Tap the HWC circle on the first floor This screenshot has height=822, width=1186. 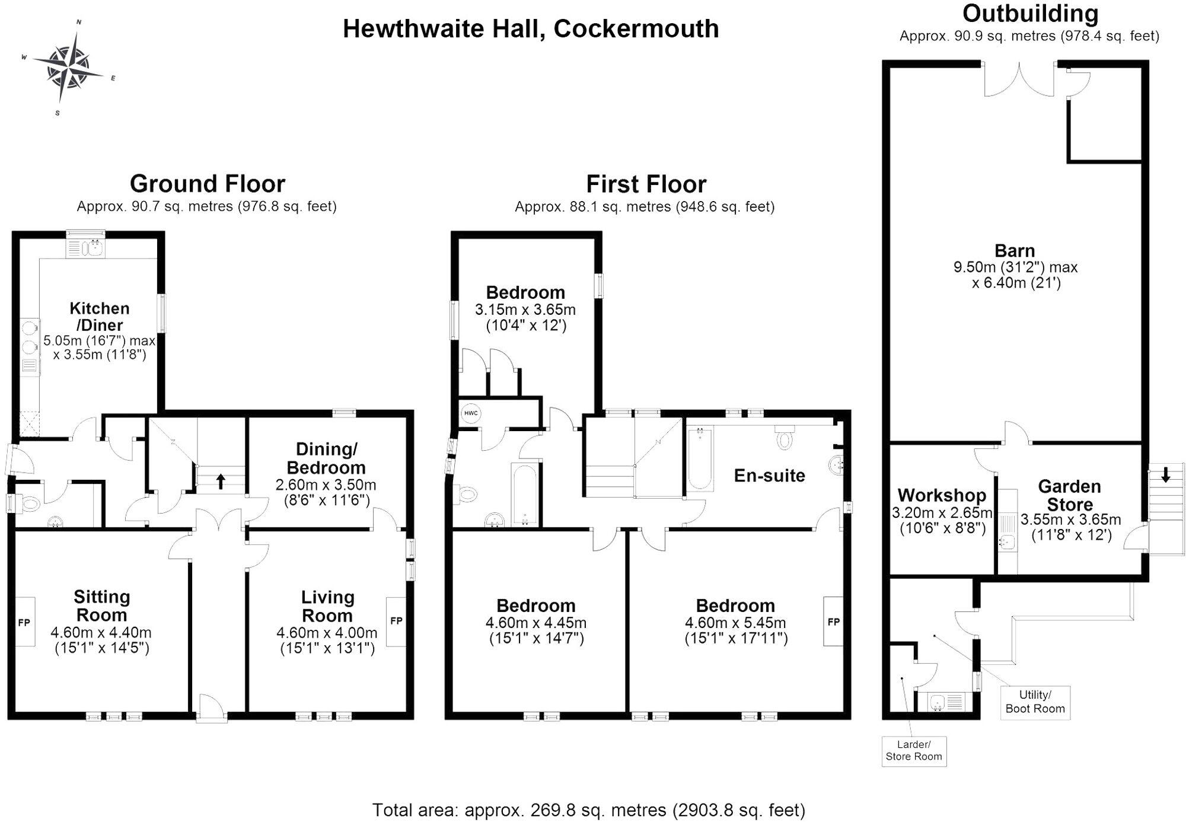tap(470, 413)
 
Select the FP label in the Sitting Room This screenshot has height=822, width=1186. tap(24, 623)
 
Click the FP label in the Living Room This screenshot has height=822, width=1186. tap(396, 621)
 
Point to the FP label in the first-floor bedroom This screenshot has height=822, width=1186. tap(833, 622)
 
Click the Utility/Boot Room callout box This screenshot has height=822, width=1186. tap(1035, 702)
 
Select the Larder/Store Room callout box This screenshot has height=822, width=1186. tap(913, 751)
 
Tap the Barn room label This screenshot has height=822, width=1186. tap(1015, 251)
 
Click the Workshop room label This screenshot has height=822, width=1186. tap(942, 495)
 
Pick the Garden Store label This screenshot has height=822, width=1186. tap(1069, 495)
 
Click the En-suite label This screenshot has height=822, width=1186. tap(769, 475)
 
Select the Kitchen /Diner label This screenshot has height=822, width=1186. tap(99, 317)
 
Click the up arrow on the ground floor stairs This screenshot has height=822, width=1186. tap(221, 481)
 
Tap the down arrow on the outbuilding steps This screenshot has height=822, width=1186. tap(1165, 474)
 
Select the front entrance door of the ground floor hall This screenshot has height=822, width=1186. tap(212, 709)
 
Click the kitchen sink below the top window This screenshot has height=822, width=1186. tap(93, 247)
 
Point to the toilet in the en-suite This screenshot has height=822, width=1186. tap(785, 438)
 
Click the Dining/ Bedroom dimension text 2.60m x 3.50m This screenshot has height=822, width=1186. tap(326, 485)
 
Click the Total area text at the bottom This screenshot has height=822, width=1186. tap(588, 810)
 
